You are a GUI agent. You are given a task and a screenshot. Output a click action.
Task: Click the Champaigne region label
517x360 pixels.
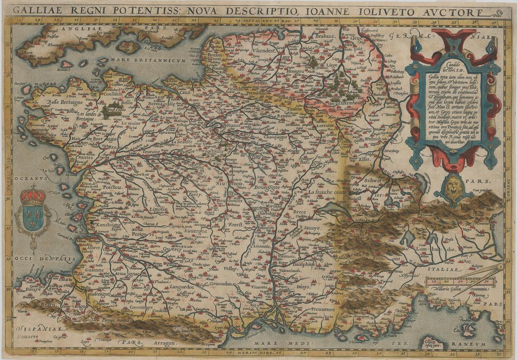pos(271,137)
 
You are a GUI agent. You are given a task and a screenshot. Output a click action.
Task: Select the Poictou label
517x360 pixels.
pos(111,187)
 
